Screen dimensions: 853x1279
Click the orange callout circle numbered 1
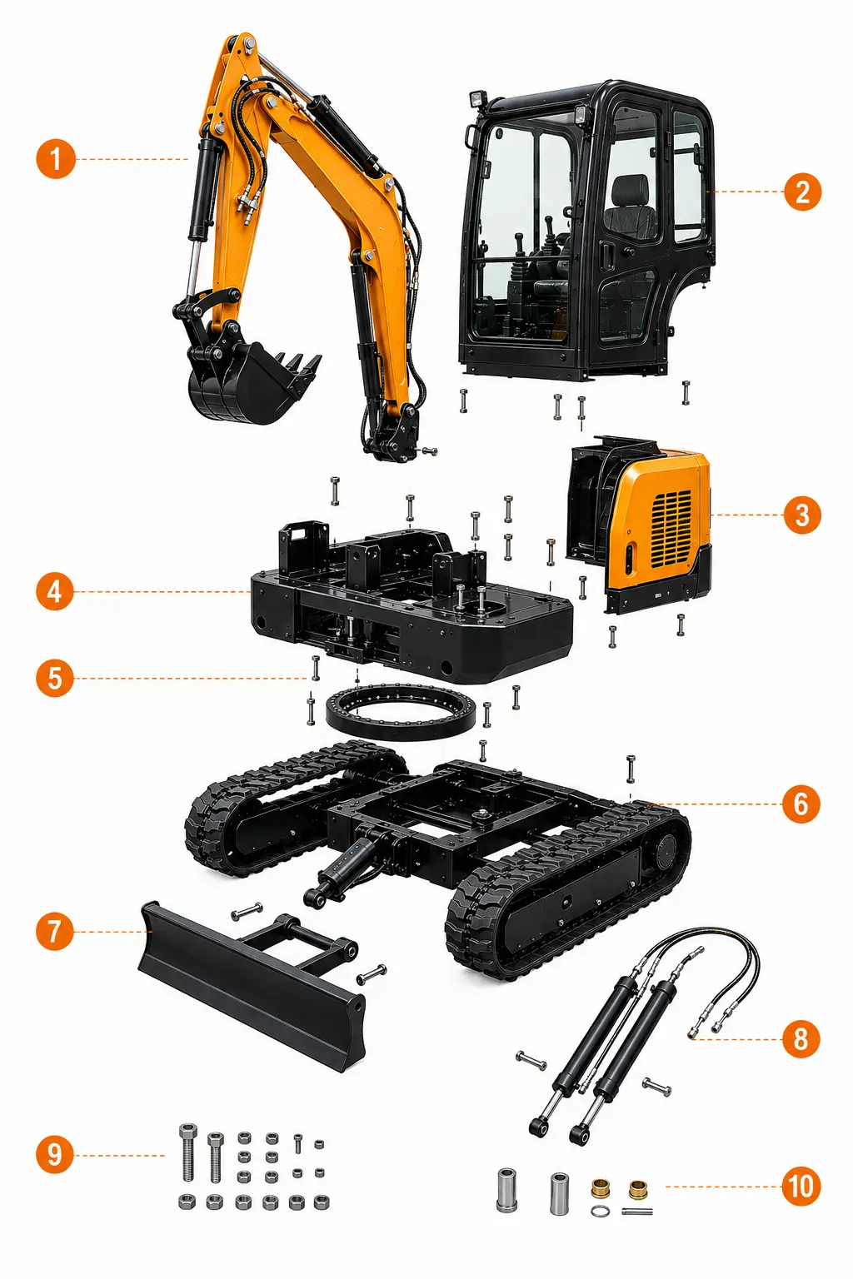pos(56,159)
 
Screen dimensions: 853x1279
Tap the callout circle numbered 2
pos(802,192)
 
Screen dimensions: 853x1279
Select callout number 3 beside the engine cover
pos(802,515)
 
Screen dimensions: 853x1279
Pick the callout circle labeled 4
pos(55,591)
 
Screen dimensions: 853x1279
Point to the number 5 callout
pos(55,679)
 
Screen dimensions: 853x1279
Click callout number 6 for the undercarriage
pos(801,804)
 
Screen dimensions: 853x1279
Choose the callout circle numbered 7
pos(55,931)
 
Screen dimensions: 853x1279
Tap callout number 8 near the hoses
pos(801,1038)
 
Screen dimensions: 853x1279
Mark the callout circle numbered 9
pos(55,1155)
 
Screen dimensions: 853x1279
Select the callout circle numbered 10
pos(801,1187)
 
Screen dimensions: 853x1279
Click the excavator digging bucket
pos(252,382)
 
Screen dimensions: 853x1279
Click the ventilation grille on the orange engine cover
pos(671,529)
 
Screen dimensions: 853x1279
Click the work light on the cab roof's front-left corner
pos(477,99)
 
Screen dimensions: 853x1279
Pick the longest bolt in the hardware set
pos(188,1152)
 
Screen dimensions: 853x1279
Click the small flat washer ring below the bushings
pos(599,1211)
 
